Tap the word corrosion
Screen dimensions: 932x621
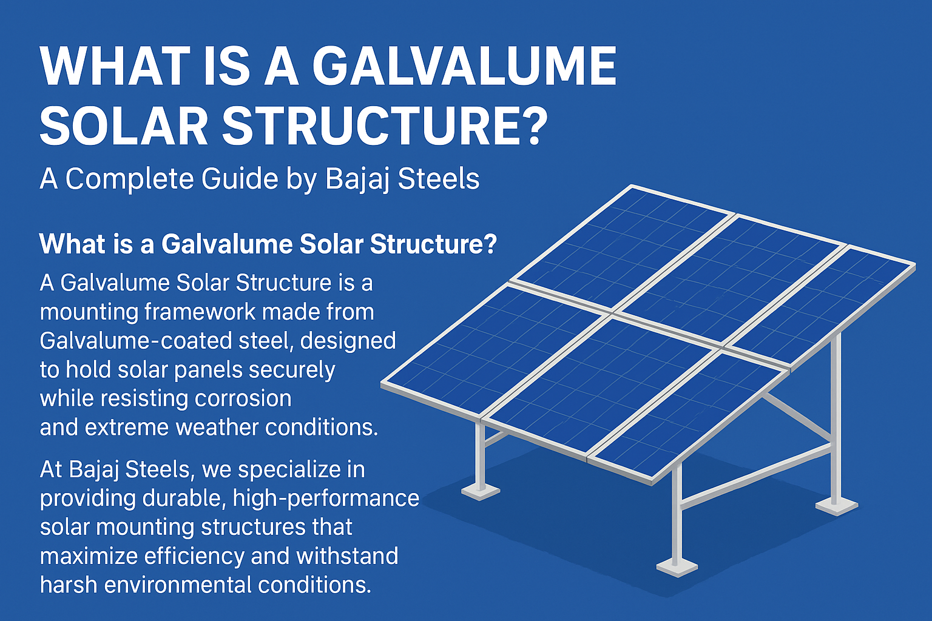click(243, 398)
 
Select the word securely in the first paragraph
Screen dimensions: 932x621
click(292, 370)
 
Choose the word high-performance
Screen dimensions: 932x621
click(326, 499)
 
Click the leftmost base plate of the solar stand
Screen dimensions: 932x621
click(481, 492)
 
